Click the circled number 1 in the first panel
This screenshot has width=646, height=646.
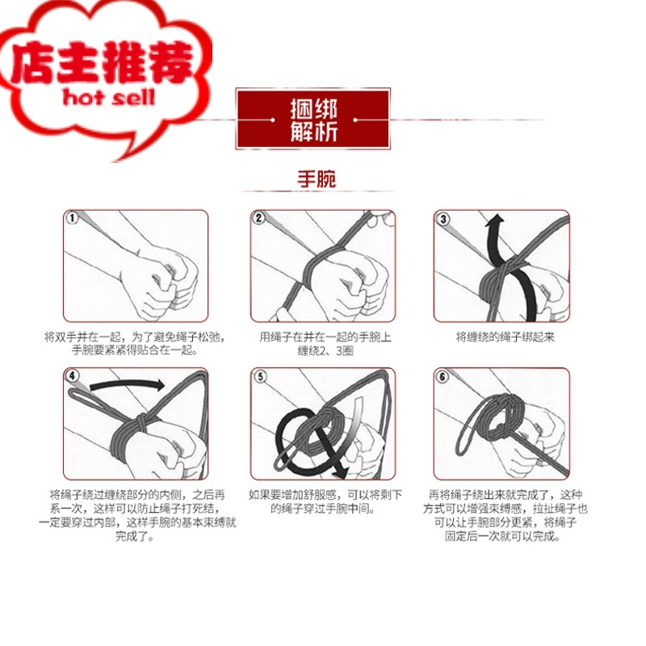click(73, 218)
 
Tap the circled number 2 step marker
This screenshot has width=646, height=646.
click(258, 218)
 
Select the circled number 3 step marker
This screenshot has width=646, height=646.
click(443, 218)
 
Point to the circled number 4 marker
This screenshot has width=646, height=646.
click(73, 375)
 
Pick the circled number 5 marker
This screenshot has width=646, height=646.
click(258, 375)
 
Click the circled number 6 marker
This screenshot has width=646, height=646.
click(443, 375)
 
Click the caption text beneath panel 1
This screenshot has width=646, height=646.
click(135, 344)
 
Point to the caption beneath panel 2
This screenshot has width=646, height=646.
click(320, 344)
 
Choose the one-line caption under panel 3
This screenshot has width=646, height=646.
click(505, 338)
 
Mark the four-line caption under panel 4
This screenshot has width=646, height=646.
click(135, 515)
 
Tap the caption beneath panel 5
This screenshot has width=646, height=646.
click(320, 502)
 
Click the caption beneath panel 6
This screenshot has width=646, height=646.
click(505, 515)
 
